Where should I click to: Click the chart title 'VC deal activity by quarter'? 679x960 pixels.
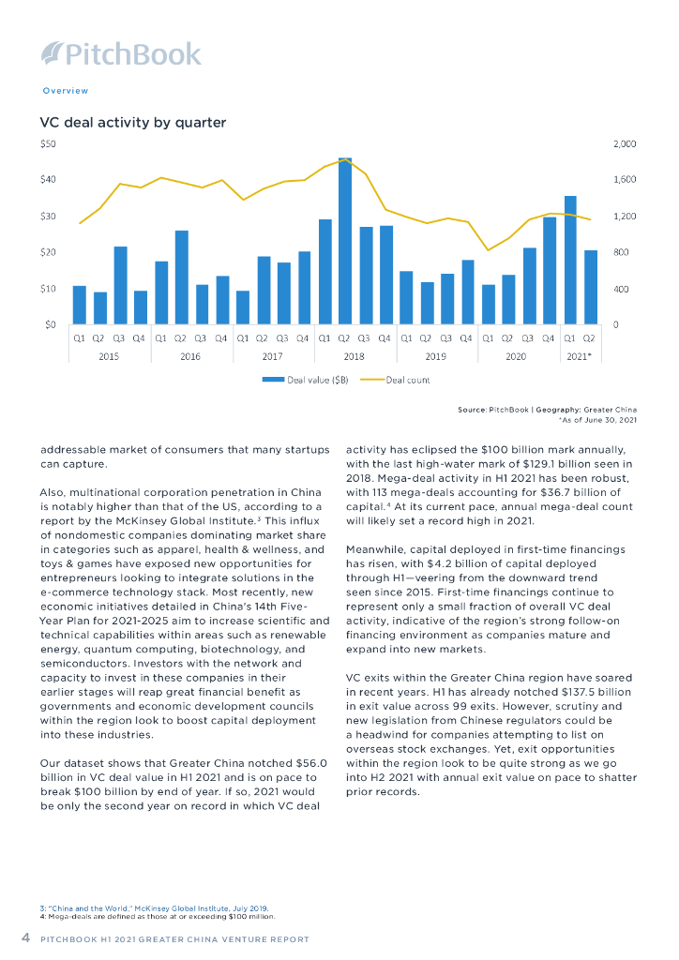click(132, 123)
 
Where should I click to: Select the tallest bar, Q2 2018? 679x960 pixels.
click(344, 241)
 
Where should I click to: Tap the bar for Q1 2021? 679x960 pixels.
click(570, 260)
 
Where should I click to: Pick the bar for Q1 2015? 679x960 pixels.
click(79, 305)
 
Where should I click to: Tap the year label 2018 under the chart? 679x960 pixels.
click(355, 357)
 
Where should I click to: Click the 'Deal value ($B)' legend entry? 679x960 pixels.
click(305, 380)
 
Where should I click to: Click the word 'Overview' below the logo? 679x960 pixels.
click(66, 91)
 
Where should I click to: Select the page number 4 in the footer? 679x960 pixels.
click(26, 937)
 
